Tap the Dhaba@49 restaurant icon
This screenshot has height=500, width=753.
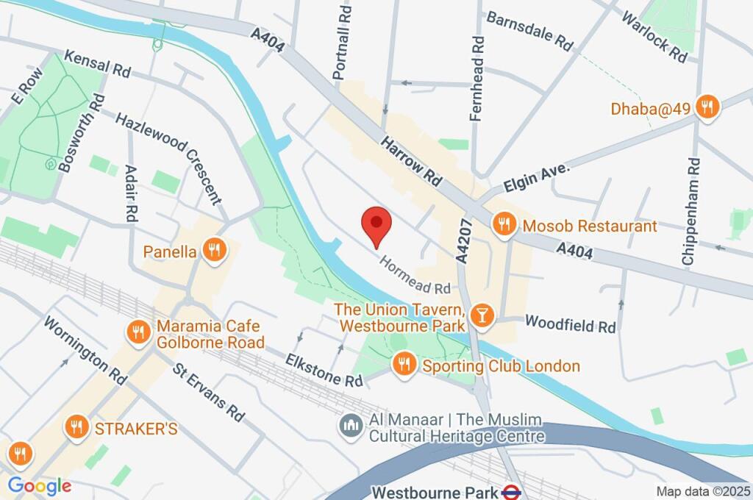[x=707, y=107]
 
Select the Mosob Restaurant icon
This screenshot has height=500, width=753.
[x=504, y=225]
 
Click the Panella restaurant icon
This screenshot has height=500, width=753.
[x=213, y=251]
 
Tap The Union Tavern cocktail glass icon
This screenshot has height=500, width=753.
[x=482, y=315]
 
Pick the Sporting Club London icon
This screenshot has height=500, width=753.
[x=403, y=364]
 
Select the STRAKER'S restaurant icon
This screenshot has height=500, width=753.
[x=76, y=427]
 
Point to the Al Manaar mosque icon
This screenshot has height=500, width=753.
[x=349, y=426]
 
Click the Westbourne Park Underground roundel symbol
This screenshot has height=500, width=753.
[x=512, y=491]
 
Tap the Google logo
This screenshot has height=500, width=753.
[x=39, y=485]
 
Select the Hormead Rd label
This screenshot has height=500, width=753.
[x=414, y=273]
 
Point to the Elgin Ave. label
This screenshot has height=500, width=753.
[x=536, y=177]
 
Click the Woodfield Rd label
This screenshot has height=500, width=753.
[x=570, y=324]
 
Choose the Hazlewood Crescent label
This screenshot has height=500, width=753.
[x=168, y=157]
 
